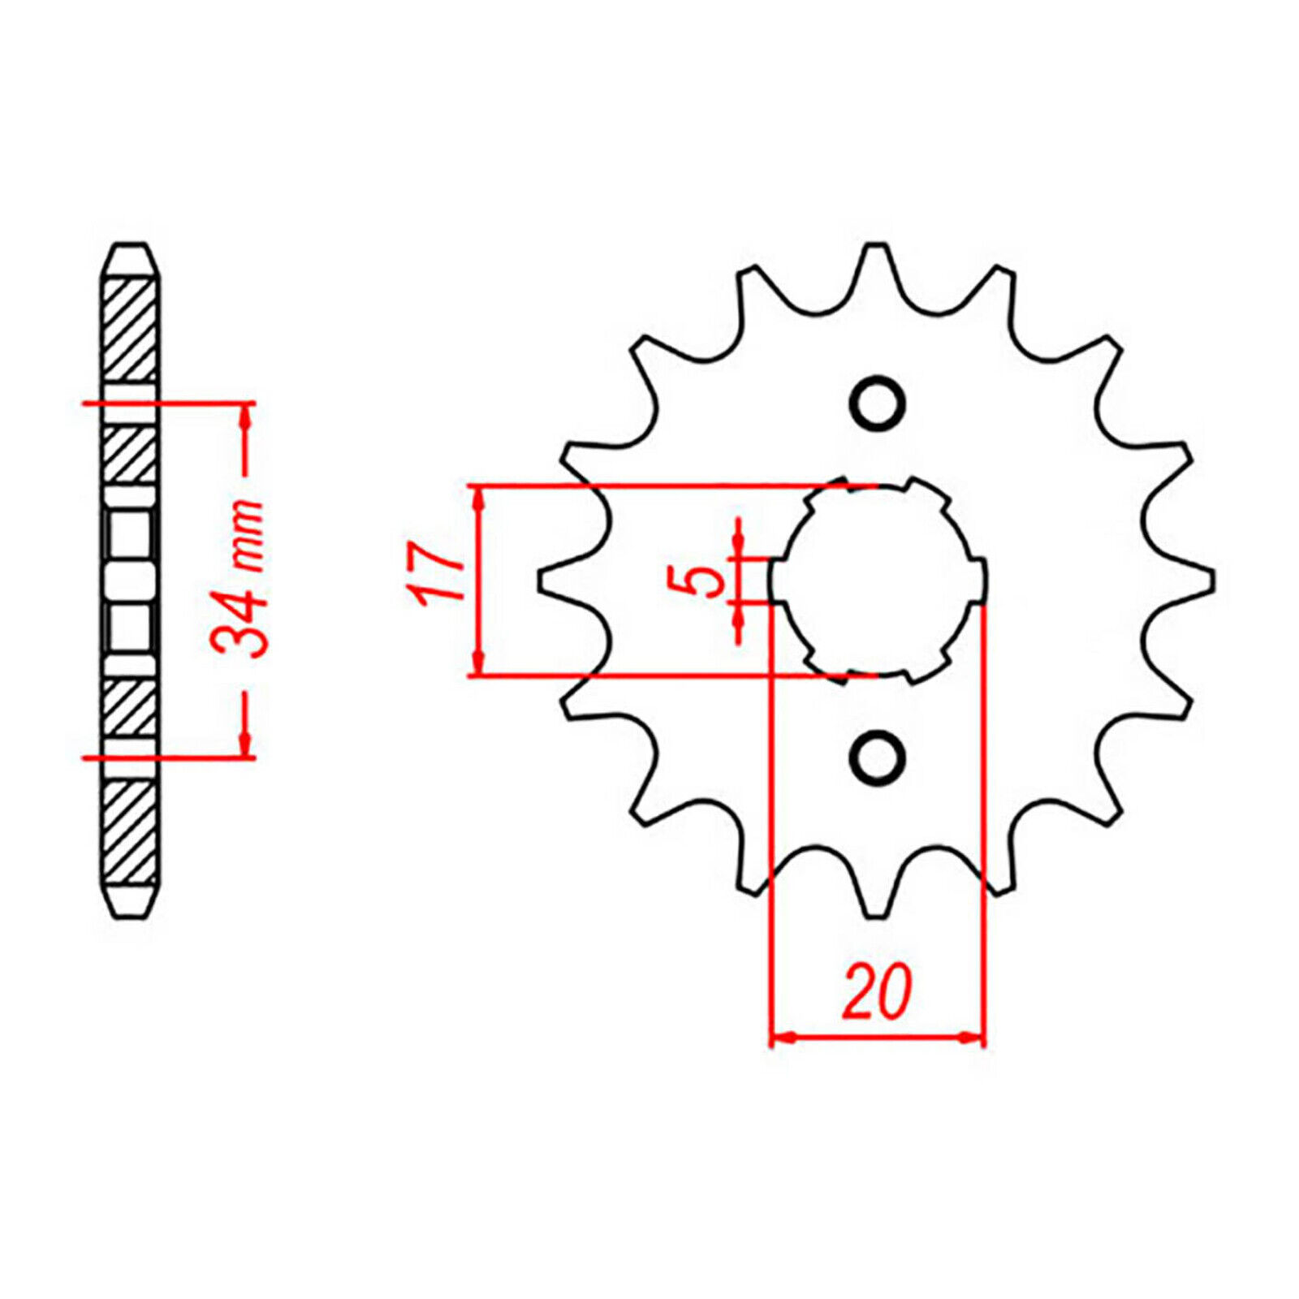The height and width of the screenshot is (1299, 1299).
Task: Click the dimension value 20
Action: click(x=877, y=992)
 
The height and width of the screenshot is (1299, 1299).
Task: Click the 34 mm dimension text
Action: click(x=238, y=578)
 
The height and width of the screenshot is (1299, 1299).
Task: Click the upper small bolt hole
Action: click(x=877, y=404)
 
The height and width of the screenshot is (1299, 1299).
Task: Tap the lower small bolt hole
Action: click(x=877, y=757)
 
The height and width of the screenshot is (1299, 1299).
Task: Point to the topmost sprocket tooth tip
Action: click(x=877, y=245)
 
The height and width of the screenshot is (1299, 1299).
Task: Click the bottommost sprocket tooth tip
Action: click(x=877, y=916)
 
